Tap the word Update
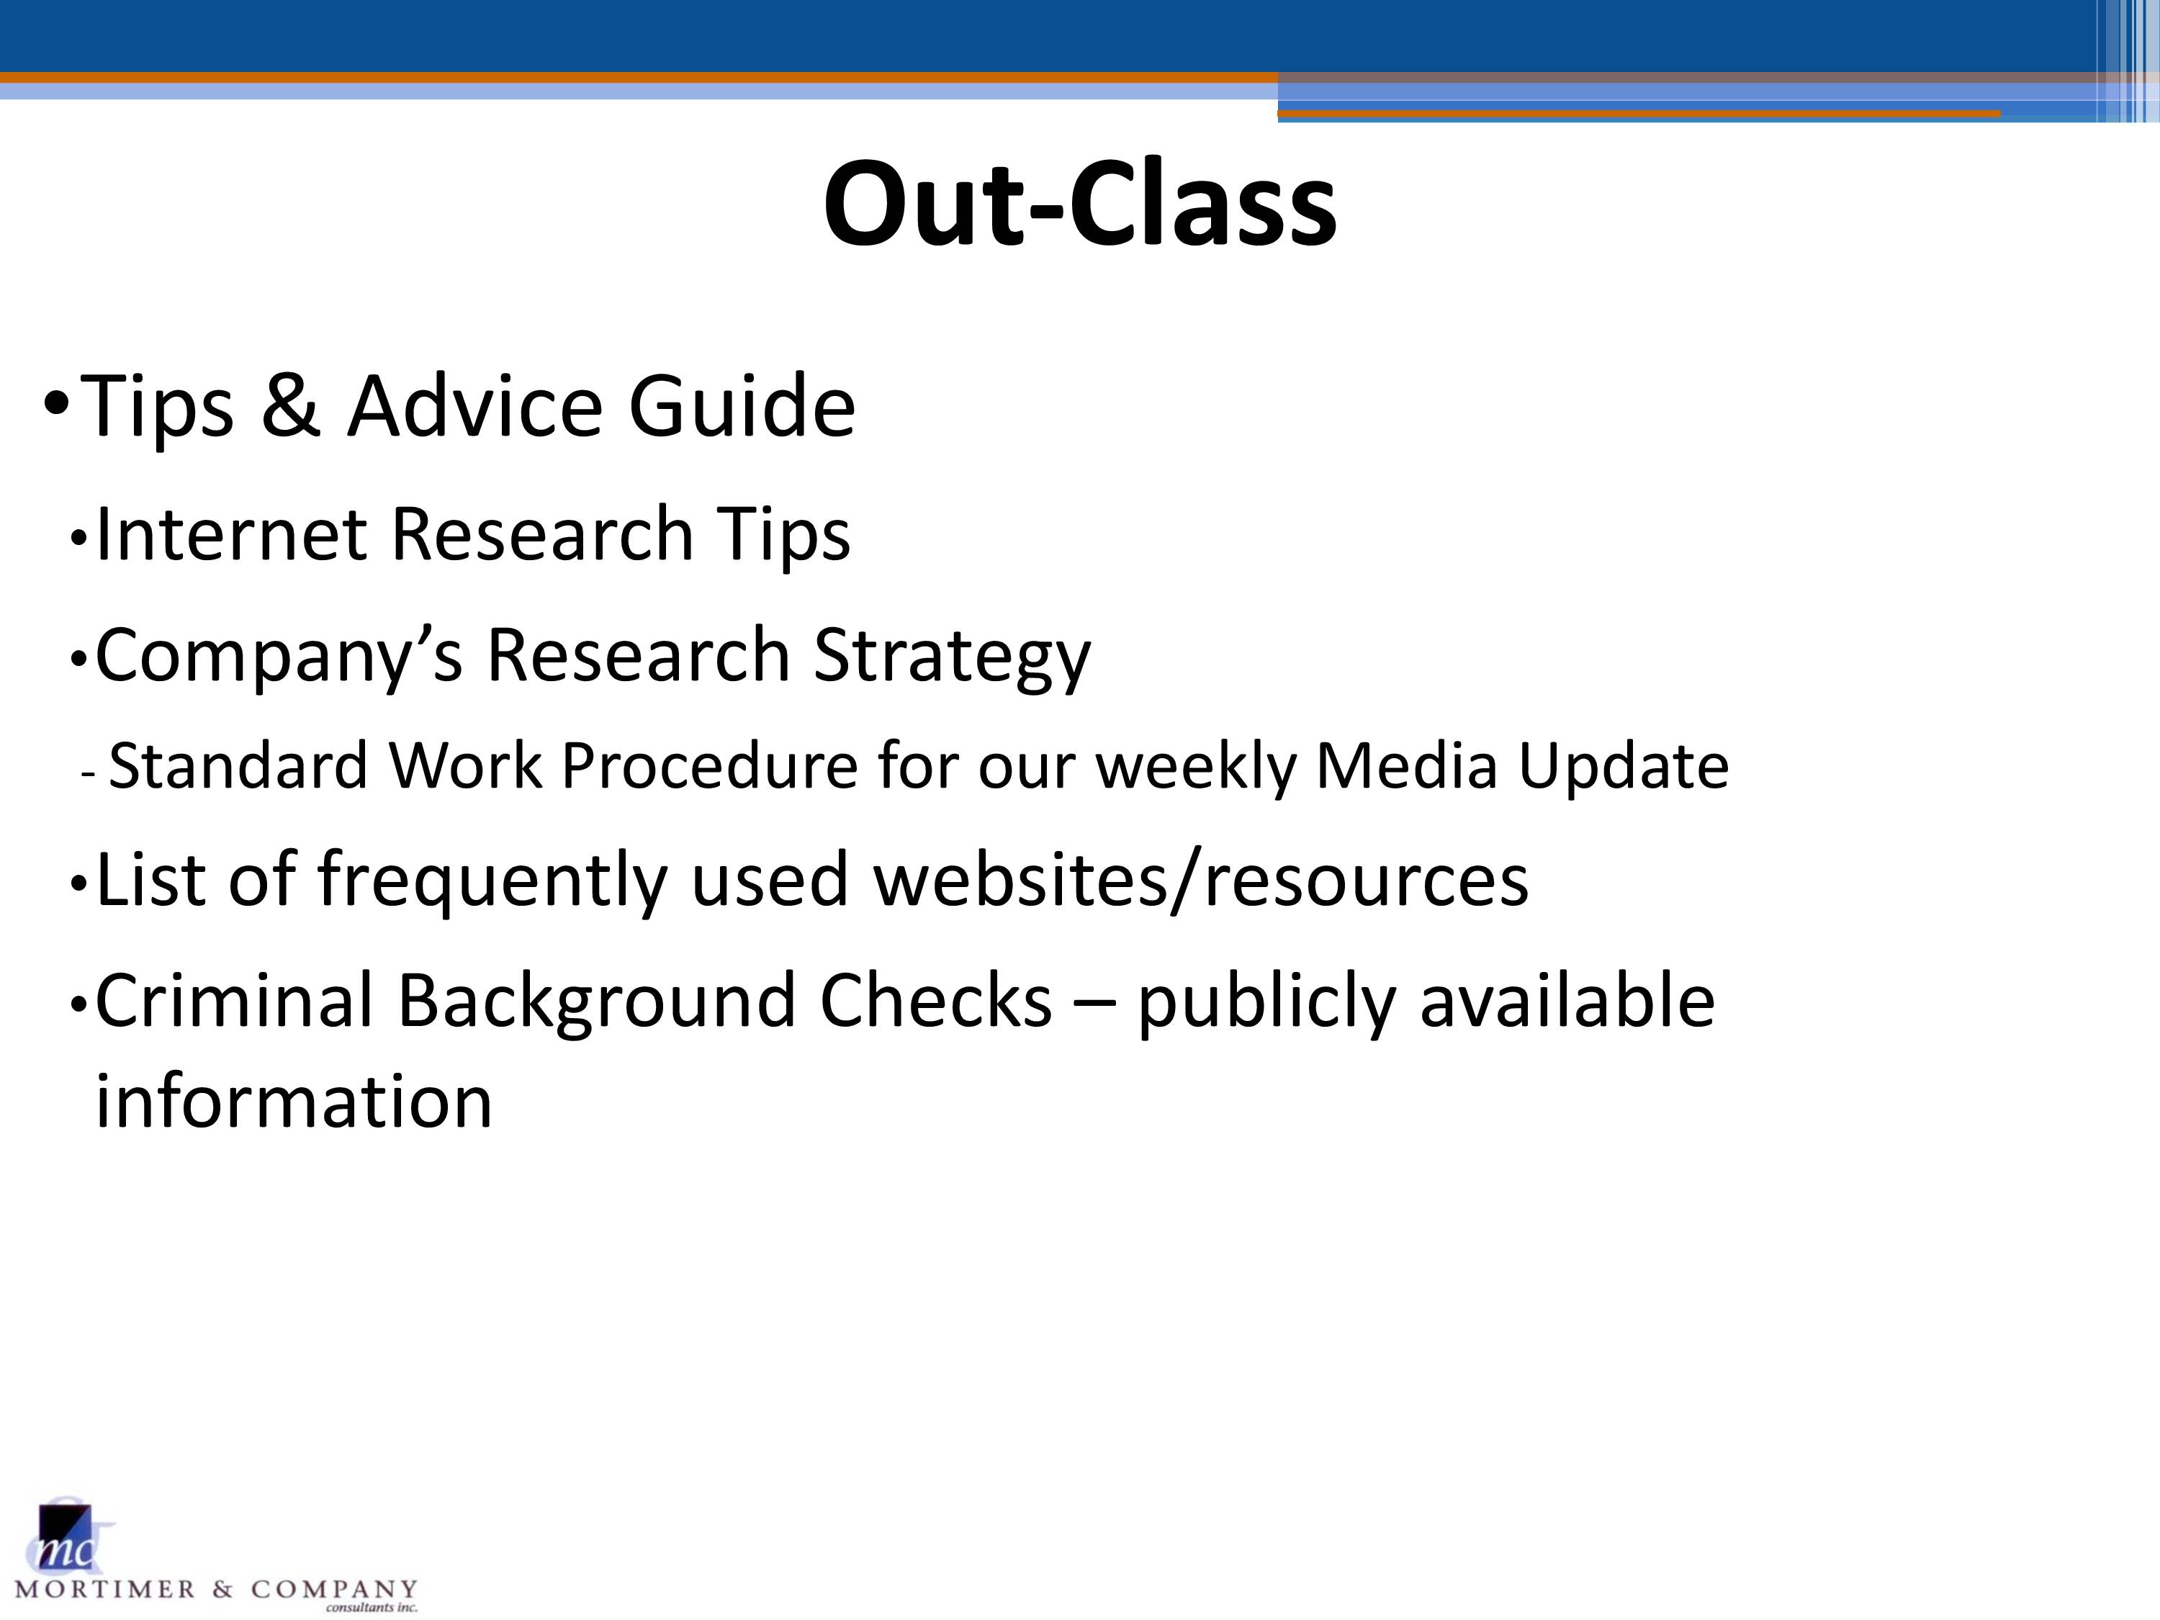1622,767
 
